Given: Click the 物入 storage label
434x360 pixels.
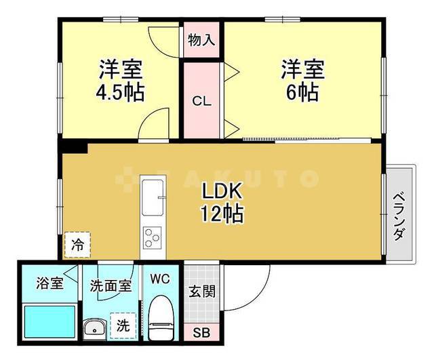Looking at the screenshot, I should pyautogui.click(x=201, y=39).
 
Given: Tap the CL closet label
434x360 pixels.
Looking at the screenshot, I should pyautogui.click(x=201, y=102).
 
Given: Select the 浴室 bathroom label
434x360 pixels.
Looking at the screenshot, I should pyautogui.click(x=50, y=283).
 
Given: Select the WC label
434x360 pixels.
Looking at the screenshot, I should pyautogui.click(x=160, y=279).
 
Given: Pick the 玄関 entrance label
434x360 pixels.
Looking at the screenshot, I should pyautogui.click(x=201, y=292).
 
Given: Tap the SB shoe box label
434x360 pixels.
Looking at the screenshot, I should pyautogui.click(x=201, y=333).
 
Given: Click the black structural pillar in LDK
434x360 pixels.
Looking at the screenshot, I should pyautogui.click(x=74, y=146).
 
